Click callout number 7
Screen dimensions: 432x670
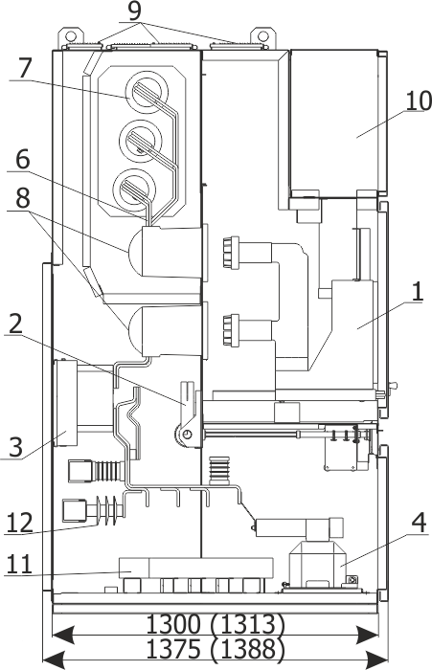pos(25,68)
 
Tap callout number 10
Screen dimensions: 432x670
pos(419,100)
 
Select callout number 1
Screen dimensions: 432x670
pos(417,292)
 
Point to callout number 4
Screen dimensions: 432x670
pos(420,523)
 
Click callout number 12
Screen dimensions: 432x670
pos(19,523)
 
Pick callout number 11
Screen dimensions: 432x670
pos(19,564)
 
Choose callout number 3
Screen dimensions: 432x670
pos(15,447)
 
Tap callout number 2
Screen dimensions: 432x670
pos(15,324)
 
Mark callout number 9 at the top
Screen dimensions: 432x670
pos(134,11)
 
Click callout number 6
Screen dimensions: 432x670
pos(23,160)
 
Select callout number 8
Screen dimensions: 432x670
pos(23,199)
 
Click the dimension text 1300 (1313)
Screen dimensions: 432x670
pos(216,624)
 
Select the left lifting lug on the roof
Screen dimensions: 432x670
pos(71,36)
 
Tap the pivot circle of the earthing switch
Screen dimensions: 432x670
pos(186,435)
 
